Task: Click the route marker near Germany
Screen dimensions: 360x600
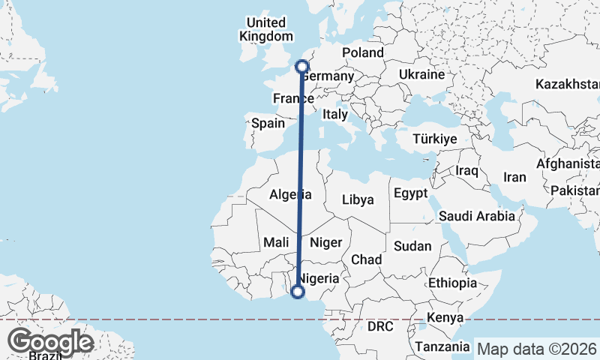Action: [302, 67]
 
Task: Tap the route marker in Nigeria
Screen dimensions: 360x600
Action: [298, 292]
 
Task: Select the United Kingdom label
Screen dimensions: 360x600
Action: [266, 29]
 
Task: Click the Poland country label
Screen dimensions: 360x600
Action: [362, 52]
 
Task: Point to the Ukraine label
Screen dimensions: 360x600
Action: [421, 75]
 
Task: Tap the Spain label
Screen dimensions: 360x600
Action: [268, 123]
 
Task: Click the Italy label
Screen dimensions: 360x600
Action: [334, 114]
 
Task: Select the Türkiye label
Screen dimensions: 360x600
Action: [435, 139]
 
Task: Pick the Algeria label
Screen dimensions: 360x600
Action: [290, 195]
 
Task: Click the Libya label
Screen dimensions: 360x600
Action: [357, 199]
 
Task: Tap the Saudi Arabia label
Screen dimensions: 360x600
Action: [477, 216]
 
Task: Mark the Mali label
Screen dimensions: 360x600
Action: [276, 242]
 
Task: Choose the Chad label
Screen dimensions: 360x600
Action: [367, 259]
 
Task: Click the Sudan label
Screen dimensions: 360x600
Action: [412, 246]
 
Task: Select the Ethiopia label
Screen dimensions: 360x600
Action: [453, 283]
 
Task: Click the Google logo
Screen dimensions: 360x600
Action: [50, 342]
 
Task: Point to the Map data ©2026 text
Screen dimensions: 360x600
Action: [538, 349]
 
